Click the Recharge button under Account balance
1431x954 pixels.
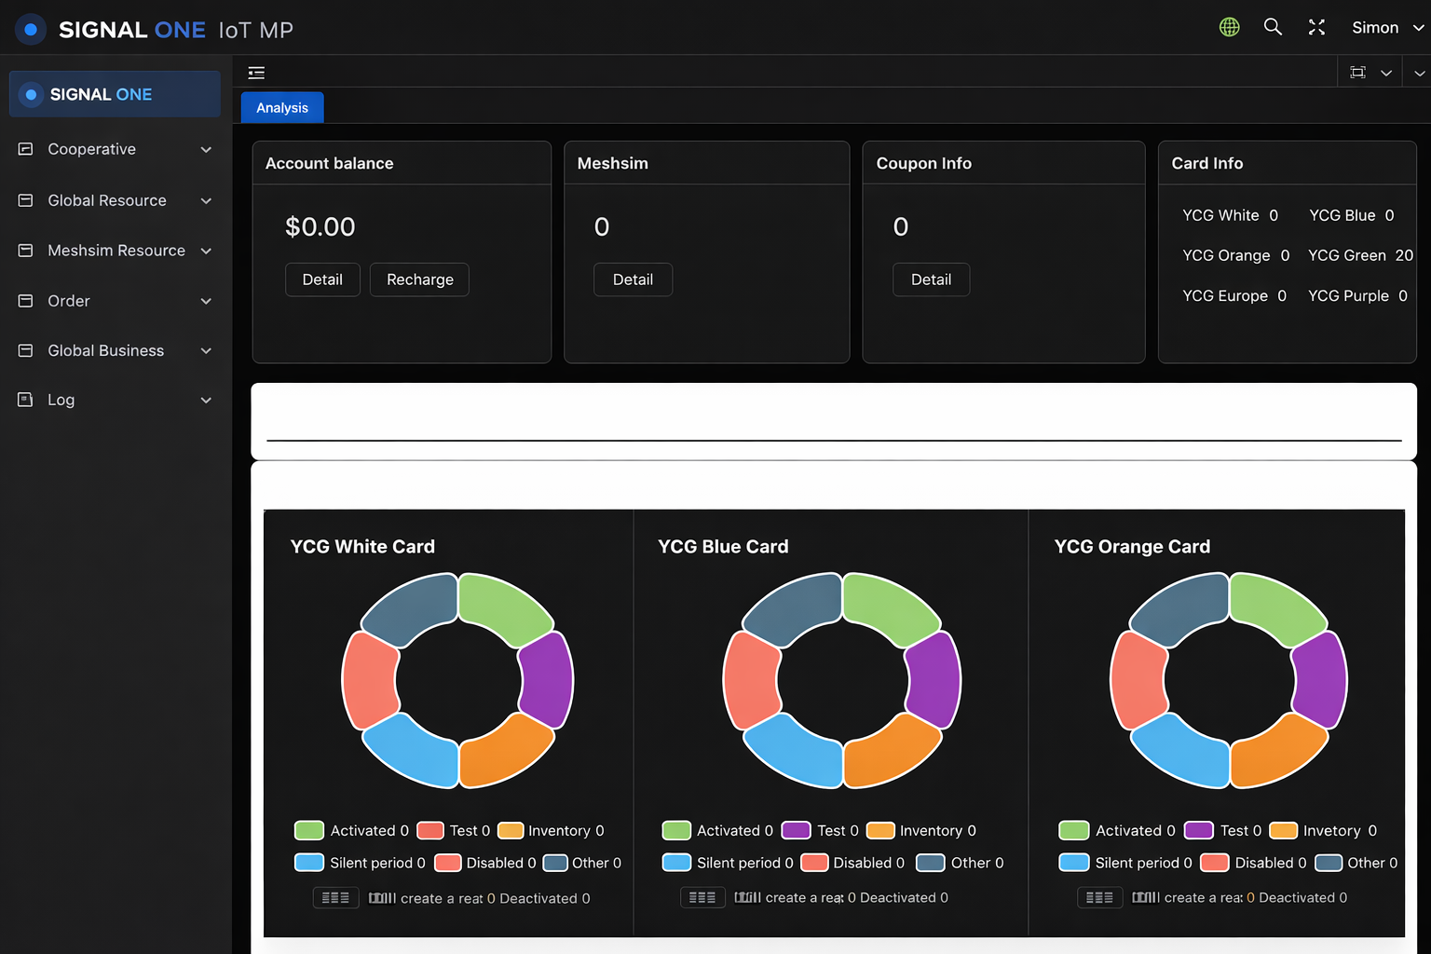419,279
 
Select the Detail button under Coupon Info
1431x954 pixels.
931,279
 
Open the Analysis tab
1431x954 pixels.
282,108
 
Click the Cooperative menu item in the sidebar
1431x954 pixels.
91,149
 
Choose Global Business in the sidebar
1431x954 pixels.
105,350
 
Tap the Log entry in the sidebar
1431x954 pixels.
61,400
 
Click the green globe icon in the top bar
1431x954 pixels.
1230,27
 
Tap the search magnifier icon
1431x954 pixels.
1273,27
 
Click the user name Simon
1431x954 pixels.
1375,28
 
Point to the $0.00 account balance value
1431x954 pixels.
320,226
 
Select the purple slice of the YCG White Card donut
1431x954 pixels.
547,679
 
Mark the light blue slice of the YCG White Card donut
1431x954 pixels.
411,751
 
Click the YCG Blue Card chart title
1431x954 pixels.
723,547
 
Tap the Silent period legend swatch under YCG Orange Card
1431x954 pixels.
1074,863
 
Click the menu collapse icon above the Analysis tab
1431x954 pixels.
256,73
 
